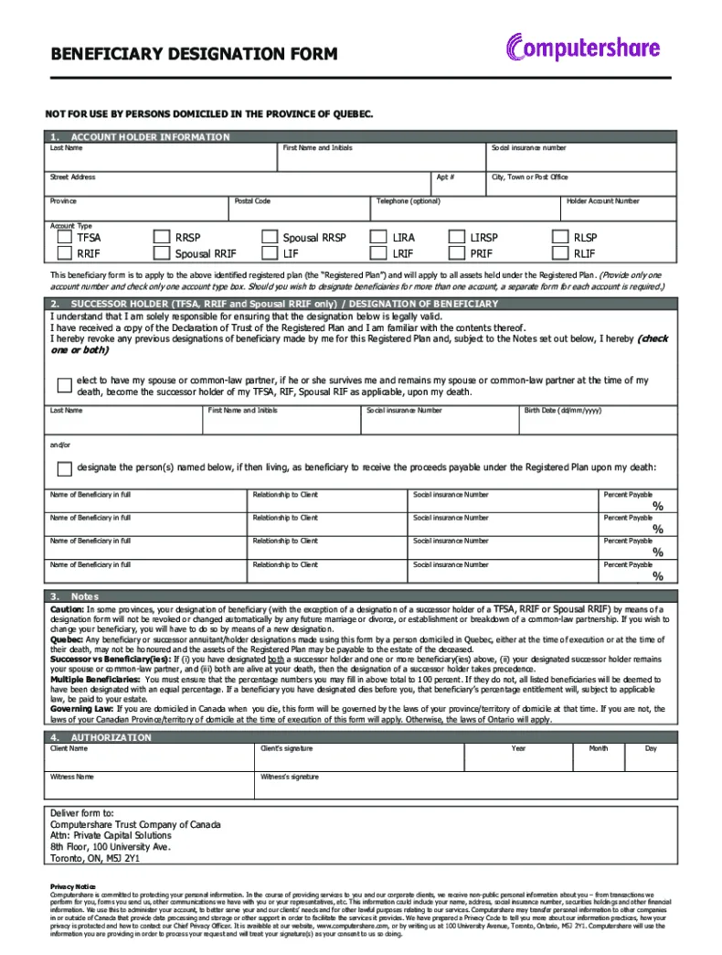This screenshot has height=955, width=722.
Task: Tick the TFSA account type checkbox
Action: point(64,238)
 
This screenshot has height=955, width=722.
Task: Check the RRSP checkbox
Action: point(162,238)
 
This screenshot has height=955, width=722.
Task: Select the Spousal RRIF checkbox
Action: point(162,254)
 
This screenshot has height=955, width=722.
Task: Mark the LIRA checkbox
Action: point(377,238)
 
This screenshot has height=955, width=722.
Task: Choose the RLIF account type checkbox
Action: point(560,254)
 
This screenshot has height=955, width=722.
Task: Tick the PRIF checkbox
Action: point(456,254)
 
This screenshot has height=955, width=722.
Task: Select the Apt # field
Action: point(458,187)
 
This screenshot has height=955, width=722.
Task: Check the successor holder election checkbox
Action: point(64,386)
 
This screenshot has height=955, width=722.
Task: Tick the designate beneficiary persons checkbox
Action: point(64,469)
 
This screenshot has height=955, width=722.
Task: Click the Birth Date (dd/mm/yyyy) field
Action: point(598,424)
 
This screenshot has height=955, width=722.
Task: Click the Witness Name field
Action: point(150,789)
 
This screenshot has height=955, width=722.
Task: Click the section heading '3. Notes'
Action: point(75,596)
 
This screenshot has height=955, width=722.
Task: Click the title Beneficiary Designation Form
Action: point(194,54)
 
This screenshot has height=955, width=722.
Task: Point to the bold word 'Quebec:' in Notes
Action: point(67,640)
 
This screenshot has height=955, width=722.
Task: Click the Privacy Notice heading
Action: point(72,886)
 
